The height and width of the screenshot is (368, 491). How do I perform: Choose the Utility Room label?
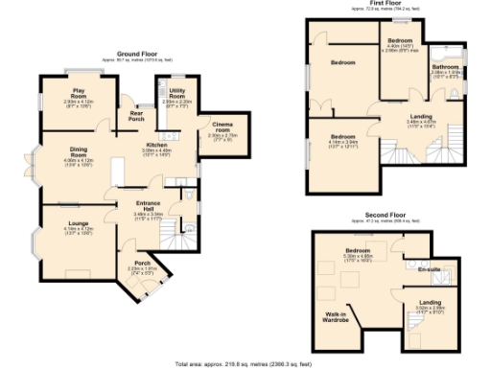coord(176,95)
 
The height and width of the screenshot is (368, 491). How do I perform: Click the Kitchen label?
coord(155,146)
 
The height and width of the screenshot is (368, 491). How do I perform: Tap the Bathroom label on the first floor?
coord(447,66)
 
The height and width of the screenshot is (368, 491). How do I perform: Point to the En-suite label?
coord(430,270)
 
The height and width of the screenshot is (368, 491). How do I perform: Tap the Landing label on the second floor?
coord(431,303)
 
